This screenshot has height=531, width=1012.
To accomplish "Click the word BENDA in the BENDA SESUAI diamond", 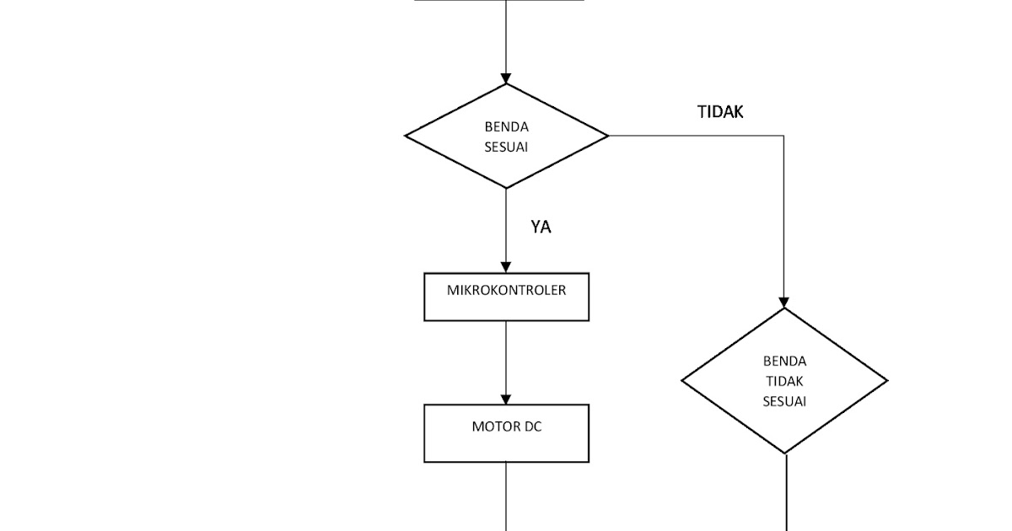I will tap(506, 127).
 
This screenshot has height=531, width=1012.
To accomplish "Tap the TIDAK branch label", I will tap(720, 112).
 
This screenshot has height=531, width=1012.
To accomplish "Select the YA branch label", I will tap(541, 227).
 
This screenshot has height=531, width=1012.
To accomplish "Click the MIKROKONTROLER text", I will tap(506, 290).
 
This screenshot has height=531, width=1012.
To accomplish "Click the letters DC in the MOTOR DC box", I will tap(533, 426).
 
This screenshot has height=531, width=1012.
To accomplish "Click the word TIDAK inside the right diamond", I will tap(784, 381).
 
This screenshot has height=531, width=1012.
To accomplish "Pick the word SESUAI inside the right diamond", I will tap(784, 401).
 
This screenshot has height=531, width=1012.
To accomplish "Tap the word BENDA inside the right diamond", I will tap(784, 362).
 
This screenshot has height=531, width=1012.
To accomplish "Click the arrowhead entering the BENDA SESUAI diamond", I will tap(506, 78).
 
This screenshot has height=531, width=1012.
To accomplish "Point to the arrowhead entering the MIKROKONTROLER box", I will tap(506, 267).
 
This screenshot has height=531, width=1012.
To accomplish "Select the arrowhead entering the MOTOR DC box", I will tap(506, 399).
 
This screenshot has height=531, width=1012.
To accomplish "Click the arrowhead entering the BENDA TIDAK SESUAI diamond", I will tap(783, 302).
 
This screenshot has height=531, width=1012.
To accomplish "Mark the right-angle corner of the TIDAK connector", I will tap(783, 136).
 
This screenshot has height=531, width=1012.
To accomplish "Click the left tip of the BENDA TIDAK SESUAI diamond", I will tap(683, 381).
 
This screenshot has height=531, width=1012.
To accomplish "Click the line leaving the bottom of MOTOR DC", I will tap(506, 497).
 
